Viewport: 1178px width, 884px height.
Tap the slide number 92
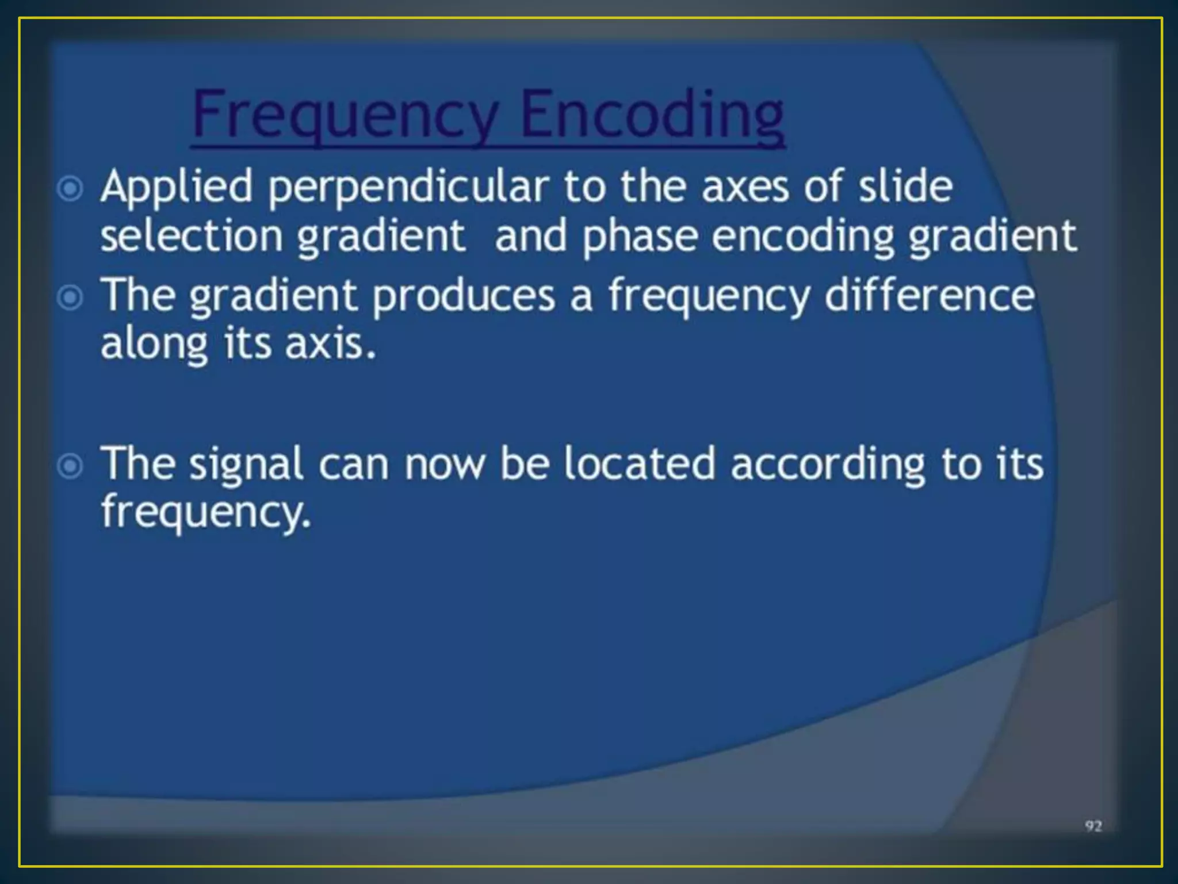(1093, 826)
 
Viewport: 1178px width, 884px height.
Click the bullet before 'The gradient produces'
(71, 298)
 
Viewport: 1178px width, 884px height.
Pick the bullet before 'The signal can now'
(71, 466)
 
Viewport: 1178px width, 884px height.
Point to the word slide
(905, 186)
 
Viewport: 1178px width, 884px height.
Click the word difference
(930, 295)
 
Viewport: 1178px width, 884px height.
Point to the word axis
(331, 344)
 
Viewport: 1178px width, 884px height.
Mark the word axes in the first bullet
(745, 188)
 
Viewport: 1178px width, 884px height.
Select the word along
(154, 345)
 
